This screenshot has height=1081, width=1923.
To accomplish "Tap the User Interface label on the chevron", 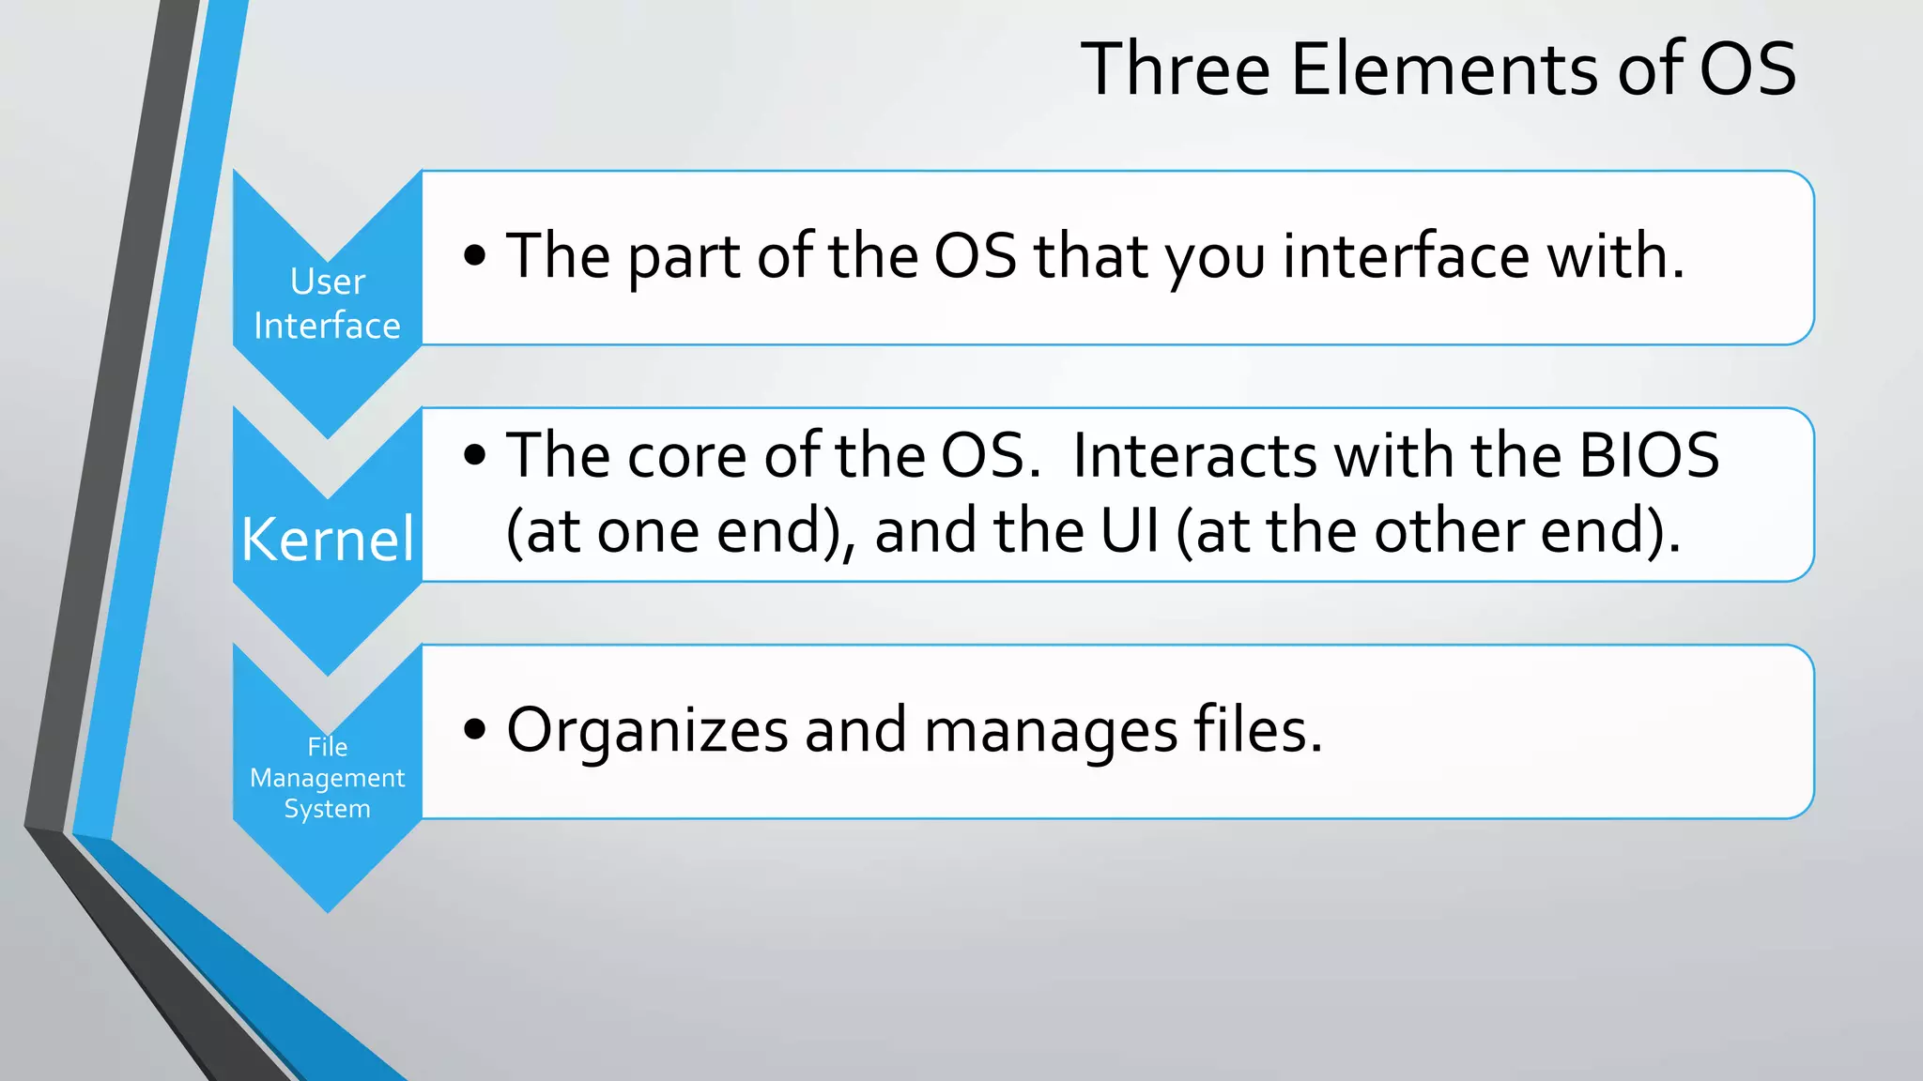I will [x=327, y=303].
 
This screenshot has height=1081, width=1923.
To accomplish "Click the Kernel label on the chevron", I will [x=327, y=540].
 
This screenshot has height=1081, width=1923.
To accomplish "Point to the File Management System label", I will [x=327, y=778].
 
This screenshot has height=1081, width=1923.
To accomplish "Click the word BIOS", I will [x=1649, y=456].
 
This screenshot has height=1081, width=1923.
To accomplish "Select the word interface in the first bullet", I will [x=1407, y=256].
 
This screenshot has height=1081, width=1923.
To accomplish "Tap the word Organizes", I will [x=647, y=731].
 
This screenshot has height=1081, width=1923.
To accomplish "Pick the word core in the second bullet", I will [x=686, y=457].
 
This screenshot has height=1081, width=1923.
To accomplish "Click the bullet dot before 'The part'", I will [x=475, y=255].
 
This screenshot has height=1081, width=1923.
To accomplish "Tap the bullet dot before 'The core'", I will [x=475, y=456].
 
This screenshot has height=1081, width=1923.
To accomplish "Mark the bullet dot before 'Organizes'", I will [x=475, y=729].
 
